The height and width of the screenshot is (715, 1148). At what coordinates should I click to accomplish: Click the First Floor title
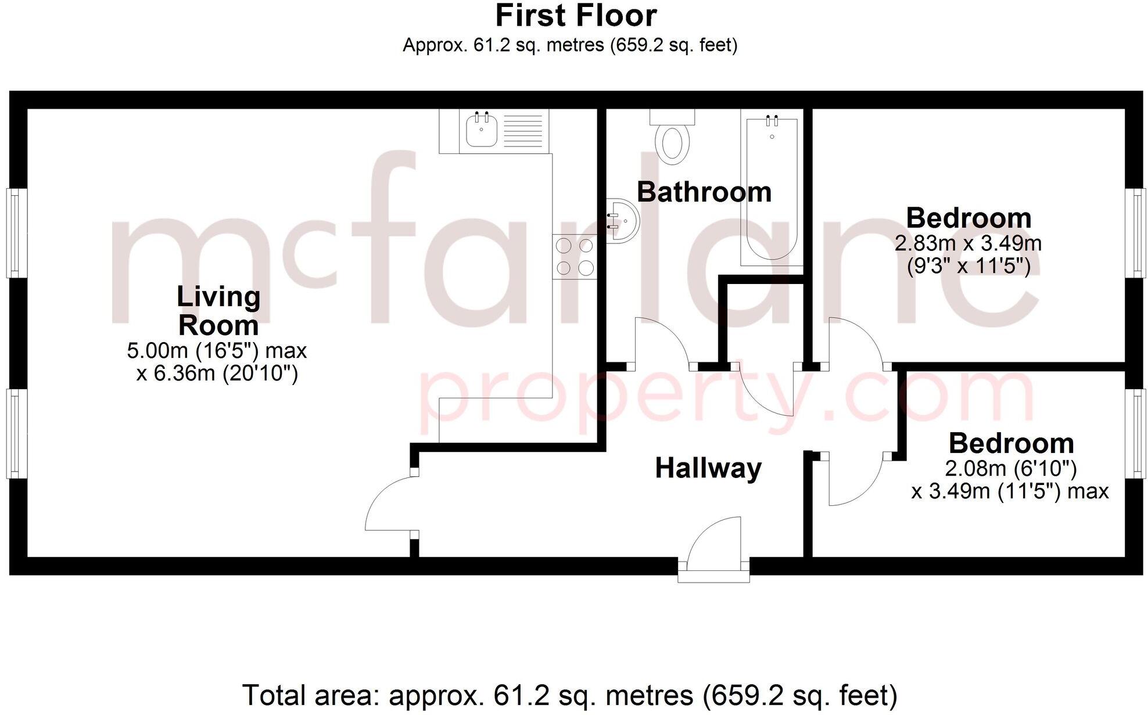click(575, 16)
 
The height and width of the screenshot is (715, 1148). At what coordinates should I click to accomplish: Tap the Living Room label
click(218, 311)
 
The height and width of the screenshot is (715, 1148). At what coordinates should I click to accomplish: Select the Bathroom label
click(704, 192)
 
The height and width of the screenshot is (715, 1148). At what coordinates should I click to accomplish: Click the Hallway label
click(708, 468)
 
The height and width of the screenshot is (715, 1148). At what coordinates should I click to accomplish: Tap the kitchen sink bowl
click(481, 131)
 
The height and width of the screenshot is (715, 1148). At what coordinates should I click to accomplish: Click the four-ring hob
click(575, 257)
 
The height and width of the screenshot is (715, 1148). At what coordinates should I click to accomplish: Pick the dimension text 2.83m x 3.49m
click(968, 243)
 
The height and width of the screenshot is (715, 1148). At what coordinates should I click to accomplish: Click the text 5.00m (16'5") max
click(217, 350)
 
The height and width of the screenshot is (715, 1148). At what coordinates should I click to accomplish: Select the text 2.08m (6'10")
click(1010, 468)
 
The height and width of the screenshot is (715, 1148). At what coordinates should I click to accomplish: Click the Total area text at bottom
click(569, 695)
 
